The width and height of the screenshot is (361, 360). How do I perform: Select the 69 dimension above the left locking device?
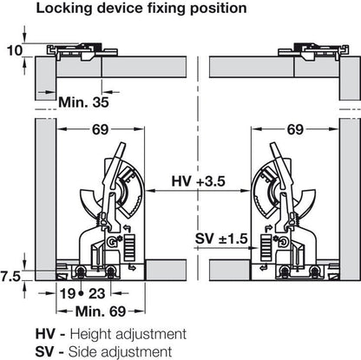point(98,132)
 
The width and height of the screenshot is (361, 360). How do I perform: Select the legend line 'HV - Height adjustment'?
point(109,333)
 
